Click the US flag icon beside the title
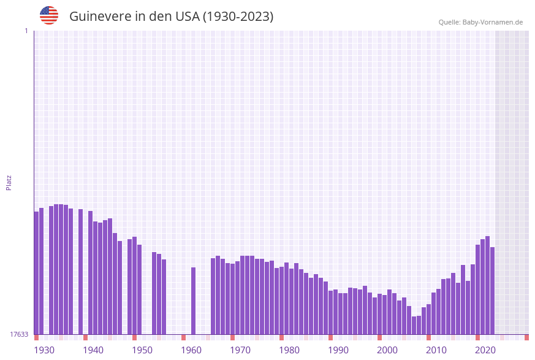49,15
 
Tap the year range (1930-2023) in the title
238,17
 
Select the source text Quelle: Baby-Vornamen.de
480,22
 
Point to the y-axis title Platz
9,182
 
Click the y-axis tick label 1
26,31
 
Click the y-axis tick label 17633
19,334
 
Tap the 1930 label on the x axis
44,350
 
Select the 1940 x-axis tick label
93,350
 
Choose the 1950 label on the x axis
142,350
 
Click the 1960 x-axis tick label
191,350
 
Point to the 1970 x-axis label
240,350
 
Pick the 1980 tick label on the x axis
289,350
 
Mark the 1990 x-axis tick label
338,350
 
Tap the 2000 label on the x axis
387,350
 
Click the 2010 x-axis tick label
436,350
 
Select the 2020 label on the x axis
485,350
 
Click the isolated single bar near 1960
194,301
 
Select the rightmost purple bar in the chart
492,291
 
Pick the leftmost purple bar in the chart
36,273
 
